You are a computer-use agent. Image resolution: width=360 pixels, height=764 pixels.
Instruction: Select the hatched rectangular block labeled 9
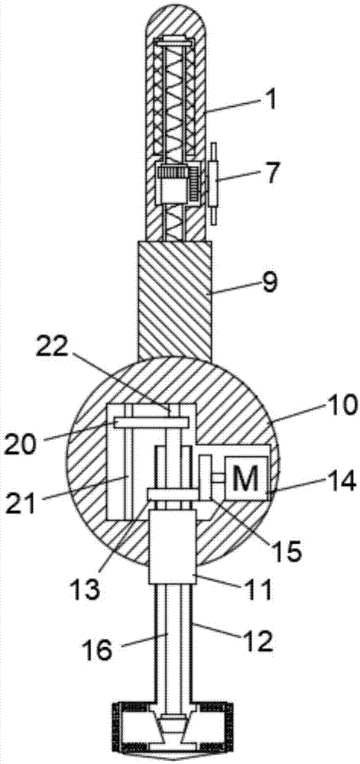(175, 300)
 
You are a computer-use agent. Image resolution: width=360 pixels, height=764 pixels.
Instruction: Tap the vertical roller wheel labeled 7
(214, 184)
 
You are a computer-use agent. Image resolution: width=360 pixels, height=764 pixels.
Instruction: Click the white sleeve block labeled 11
(172, 547)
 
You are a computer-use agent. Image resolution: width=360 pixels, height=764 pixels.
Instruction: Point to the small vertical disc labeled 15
(205, 477)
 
